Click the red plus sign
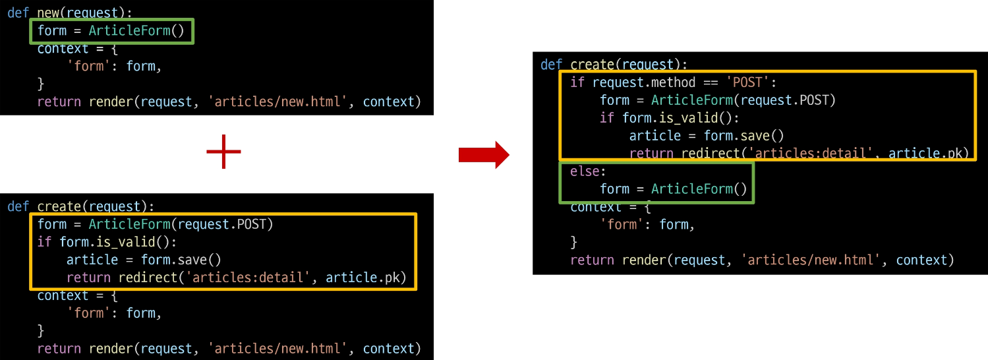223,152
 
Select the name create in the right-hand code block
593,65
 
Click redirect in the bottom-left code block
148,277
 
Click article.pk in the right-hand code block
928,154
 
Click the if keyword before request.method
577,82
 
